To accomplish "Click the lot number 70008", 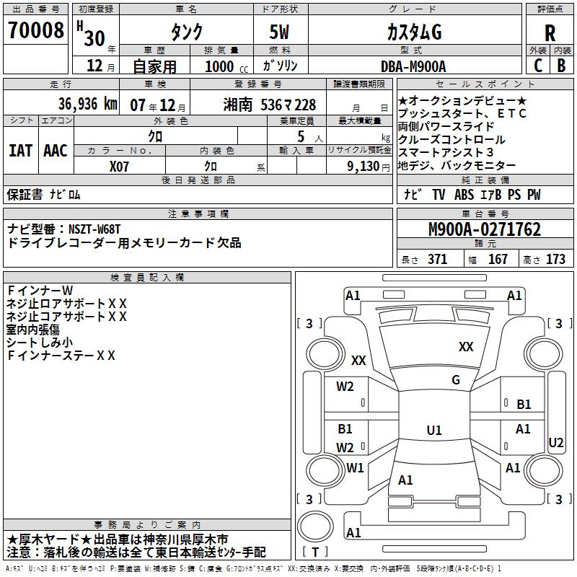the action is tap(35, 31).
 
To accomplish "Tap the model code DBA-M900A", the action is tap(413, 66).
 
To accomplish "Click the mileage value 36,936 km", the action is tap(87, 105).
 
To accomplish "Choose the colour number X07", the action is tap(120, 166).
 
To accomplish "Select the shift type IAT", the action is tap(20, 151).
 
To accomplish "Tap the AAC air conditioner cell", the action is tap(56, 151).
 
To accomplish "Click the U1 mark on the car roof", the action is tap(433, 431).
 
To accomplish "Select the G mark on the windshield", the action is tap(455, 380).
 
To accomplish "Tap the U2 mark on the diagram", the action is tap(556, 442).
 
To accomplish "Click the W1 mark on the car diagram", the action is tap(355, 467).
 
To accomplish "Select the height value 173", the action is tap(556, 259).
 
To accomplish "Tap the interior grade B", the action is tap(562, 65).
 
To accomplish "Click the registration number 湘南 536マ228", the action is tap(270, 105).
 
